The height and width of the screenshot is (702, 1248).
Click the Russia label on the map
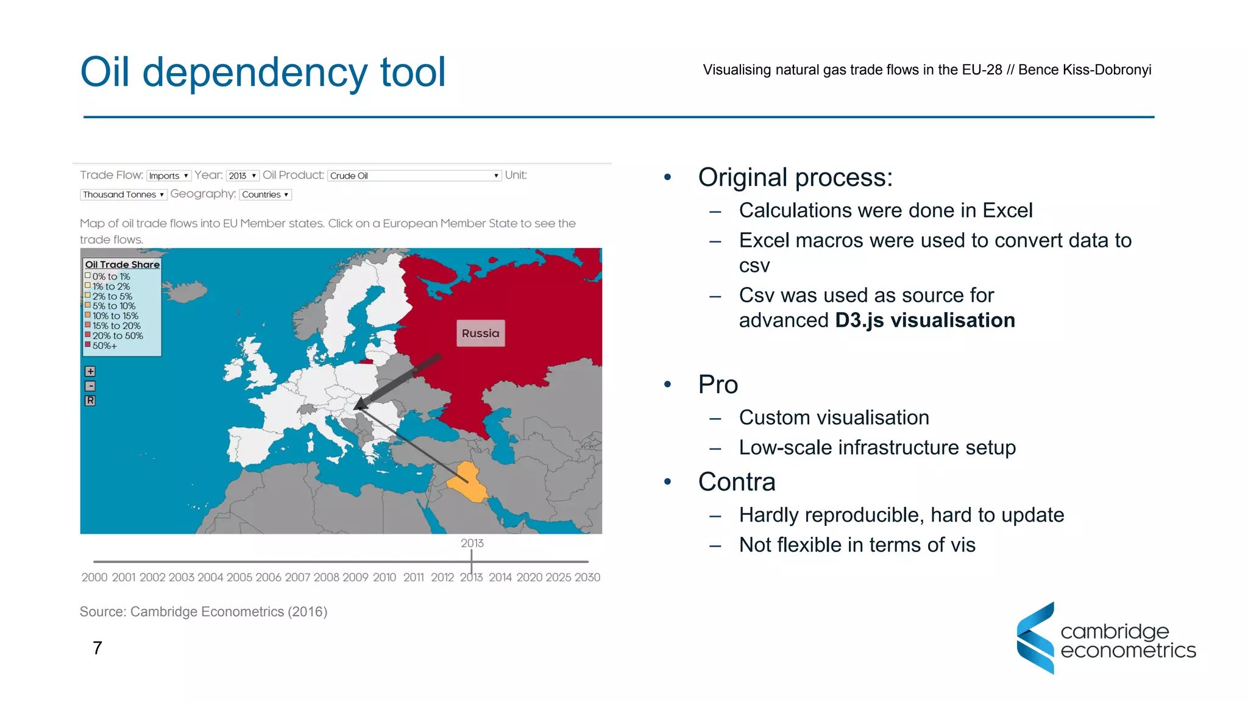[x=480, y=333]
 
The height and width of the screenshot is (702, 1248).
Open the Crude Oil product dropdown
[x=414, y=175]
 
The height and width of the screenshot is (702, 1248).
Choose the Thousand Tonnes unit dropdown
[x=123, y=194]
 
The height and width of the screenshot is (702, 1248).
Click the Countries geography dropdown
[x=265, y=194]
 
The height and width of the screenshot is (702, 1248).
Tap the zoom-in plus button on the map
[x=90, y=371]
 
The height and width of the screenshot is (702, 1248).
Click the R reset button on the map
[x=90, y=400]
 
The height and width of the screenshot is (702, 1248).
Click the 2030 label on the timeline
[x=587, y=577]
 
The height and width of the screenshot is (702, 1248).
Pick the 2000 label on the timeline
[x=94, y=577]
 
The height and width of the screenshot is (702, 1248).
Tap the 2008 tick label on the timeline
[x=327, y=577]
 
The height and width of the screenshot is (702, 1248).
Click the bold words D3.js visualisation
[x=924, y=321]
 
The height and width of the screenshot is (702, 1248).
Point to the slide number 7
[x=97, y=648]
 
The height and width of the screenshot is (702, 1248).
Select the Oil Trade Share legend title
[x=122, y=264]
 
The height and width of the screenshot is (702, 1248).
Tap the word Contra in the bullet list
[x=737, y=482]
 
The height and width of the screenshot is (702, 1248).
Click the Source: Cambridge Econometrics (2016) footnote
[x=204, y=612]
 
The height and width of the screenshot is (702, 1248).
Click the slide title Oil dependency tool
[x=263, y=72]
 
